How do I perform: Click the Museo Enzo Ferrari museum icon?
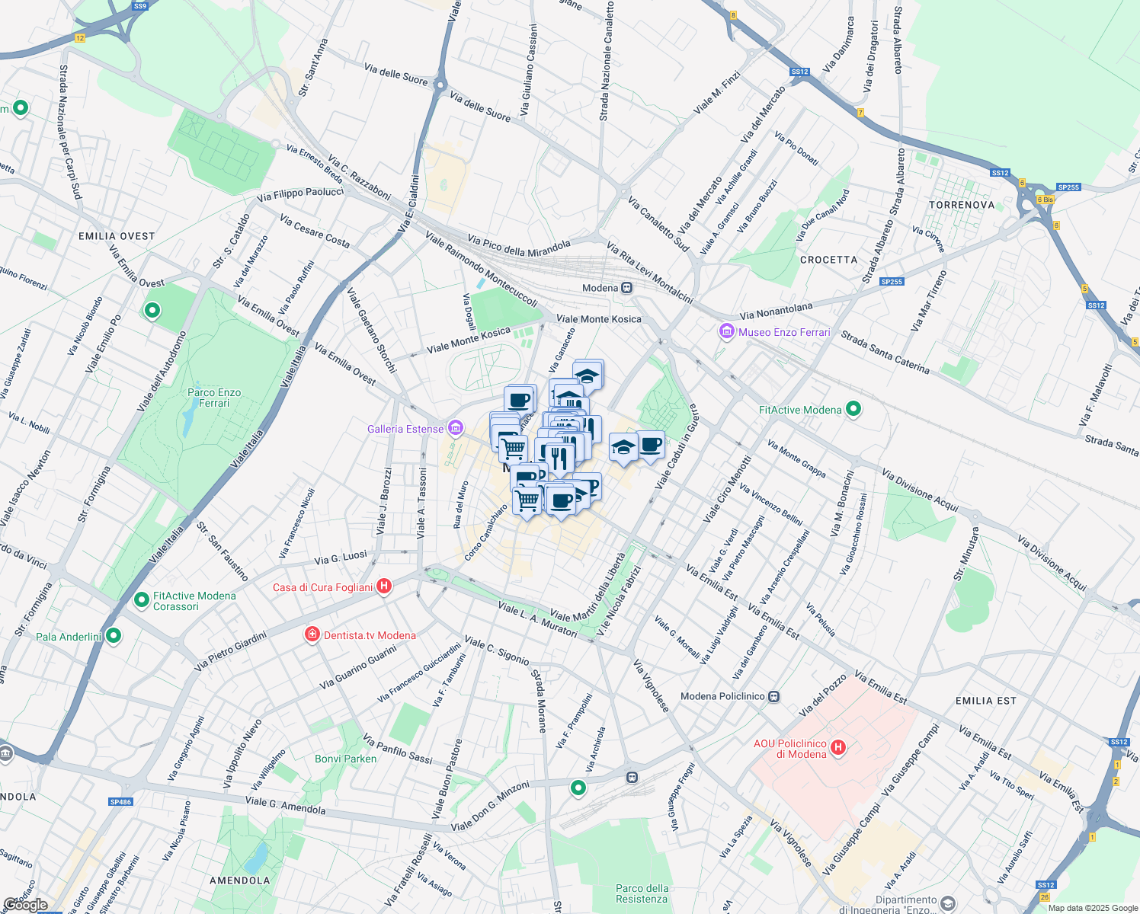click(x=726, y=332)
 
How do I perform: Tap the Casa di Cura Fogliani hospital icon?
click(x=385, y=586)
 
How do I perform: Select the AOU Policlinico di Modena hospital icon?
click(x=838, y=748)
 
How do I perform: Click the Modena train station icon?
click(x=626, y=288)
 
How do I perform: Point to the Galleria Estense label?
click(x=405, y=429)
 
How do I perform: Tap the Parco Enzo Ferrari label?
click(x=214, y=398)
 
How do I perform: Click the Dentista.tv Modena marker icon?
click(x=312, y=634)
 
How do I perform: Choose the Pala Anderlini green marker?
click(x=114, y=634)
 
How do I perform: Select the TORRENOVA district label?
click(x=962, y=205)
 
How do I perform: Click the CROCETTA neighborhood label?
click(x=828, y=260)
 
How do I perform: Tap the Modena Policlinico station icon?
click(x=774, y=696)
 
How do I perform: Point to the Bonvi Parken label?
click(x=345, y=759)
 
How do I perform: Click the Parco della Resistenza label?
click(x=642, y=893)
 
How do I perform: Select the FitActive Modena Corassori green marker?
click(x=141, y=600)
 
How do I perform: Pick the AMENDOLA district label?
click(x=239, y=880)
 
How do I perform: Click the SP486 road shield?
click(x=120, y=802)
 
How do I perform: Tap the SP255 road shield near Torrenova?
click(x=1068, y=187)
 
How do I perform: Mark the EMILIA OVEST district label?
click(x=117, y=236)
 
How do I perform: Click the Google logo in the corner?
click(x=25, y=905)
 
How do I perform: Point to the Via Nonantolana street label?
click(x=776, y=311)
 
